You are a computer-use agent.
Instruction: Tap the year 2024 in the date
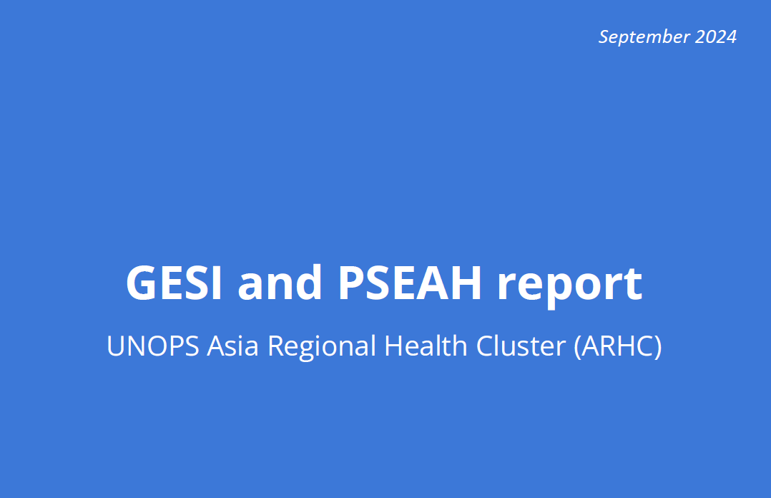[x=716, y=37]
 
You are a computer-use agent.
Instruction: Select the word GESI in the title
[x=174, y=283]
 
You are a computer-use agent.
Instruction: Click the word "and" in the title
[x=280, y=282]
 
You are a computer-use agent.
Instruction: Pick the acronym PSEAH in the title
[x=410, y=283]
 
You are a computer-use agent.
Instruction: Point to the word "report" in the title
[x=570, y=286]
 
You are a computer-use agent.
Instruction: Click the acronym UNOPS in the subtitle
[x=153, y=346]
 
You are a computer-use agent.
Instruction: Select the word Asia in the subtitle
[x=232, y=346]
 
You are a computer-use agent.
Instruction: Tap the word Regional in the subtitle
[x=322, y=347]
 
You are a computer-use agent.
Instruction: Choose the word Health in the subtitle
[x=426, y=345]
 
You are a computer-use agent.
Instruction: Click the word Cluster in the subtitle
[x=521, y=345]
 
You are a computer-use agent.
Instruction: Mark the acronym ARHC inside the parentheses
[x=618, y=346]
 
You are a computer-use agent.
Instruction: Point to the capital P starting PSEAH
[x=351, y=283]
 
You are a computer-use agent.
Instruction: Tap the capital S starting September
[x=604, y=37]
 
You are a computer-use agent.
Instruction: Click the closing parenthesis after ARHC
[x=657, y=347]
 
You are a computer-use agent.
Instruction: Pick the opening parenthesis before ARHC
[x=578, y=347]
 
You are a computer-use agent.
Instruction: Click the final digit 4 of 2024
[x=731, y=37]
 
